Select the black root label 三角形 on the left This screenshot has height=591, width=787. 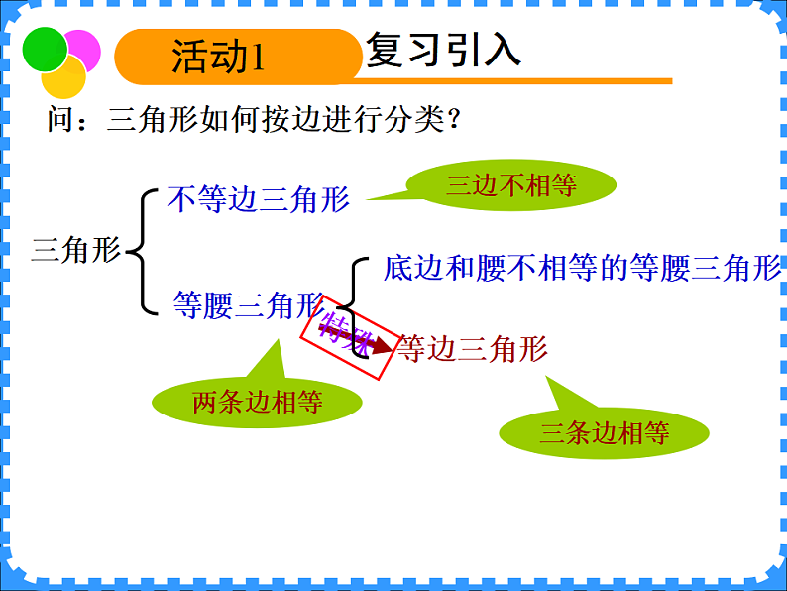coord(75,249)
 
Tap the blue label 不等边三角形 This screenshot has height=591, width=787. coord(259,199)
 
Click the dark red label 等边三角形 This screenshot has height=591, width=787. coord(472,348)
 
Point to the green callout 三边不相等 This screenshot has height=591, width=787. coord(511,185)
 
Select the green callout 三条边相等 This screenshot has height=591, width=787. coord(605,432)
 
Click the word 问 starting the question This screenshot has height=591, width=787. coord(59,121)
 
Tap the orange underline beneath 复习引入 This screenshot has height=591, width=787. coord(515,81)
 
